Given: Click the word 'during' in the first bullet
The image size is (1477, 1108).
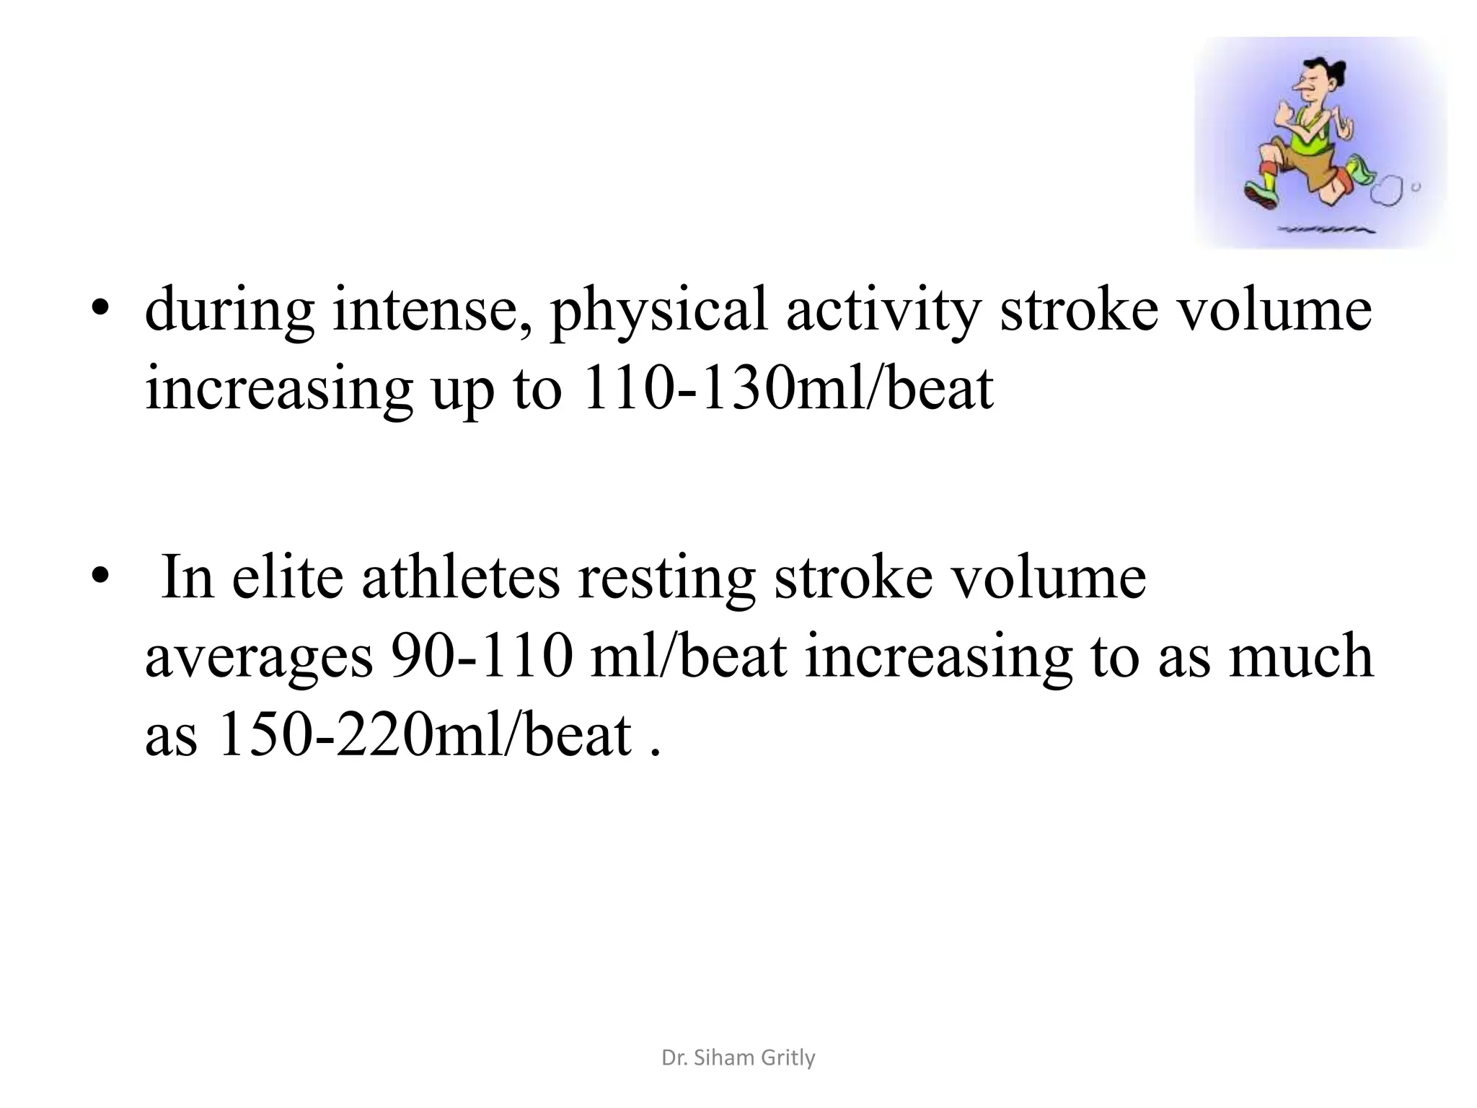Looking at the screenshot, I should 229,311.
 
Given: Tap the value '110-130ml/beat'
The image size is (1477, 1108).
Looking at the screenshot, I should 787,389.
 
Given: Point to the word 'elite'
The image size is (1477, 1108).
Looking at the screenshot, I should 287,578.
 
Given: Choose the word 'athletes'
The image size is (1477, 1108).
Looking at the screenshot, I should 461,578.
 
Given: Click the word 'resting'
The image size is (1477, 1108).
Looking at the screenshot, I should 667,578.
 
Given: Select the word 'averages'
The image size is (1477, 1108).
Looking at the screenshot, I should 260,657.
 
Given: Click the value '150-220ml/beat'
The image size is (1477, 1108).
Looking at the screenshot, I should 424,735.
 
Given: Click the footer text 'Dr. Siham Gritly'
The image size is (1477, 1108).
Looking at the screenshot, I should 738,1058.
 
